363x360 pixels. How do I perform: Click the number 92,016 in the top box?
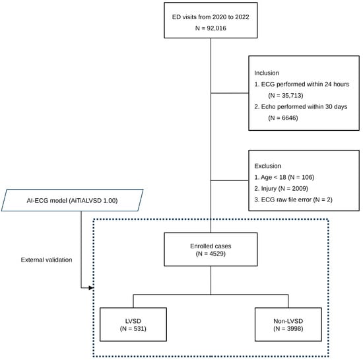point(216,28)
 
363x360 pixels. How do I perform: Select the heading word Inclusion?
point(267,73)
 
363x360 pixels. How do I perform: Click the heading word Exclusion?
point(267,166)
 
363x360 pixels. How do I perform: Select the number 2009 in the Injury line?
point(299,188)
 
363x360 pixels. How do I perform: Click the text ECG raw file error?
point(286,199)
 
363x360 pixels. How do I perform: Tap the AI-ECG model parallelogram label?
point(72,200)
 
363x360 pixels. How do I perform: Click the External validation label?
point(47,260)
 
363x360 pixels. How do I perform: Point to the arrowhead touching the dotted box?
point(91,288)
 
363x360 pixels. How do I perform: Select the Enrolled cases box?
point(211,249)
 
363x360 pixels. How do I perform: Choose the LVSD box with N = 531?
point(133,324)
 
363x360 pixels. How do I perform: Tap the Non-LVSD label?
point(288,321)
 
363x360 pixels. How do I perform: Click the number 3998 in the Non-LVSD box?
point(294,328)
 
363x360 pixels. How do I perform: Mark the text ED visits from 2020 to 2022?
point(211,17)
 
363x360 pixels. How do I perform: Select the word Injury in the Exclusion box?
point(269,188)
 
